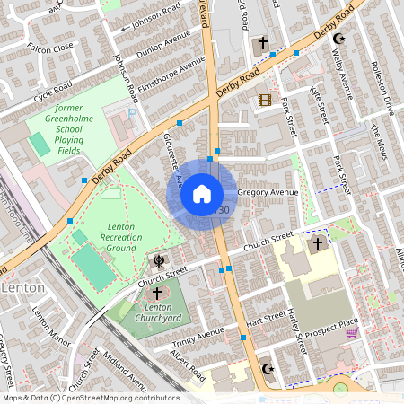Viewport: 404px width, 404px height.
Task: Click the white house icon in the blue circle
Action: coord(202,193)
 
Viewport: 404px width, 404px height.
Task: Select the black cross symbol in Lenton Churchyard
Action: coord(157,294)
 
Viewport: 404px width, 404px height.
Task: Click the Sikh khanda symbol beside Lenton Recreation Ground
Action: coord(159,260)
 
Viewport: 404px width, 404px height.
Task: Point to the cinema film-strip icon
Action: coord(264,100)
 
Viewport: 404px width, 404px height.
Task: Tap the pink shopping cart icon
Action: coord(352,332)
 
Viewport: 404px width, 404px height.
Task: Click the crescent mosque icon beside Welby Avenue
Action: coord(338,40)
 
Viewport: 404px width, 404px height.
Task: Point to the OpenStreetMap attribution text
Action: coord(90,398)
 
